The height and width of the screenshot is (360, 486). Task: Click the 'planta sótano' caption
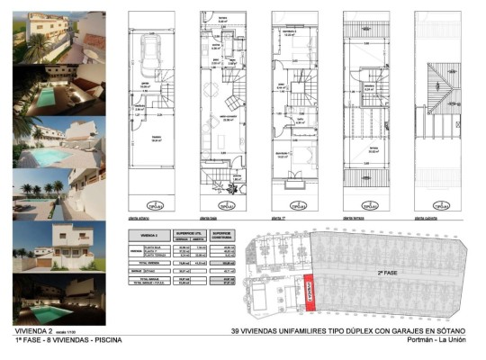136,218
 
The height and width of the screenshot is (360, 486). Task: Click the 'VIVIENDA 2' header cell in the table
147,232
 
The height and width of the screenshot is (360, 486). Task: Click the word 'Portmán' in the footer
430,341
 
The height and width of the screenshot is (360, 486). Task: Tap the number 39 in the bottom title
237,330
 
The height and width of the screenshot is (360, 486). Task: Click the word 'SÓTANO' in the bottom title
454,330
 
